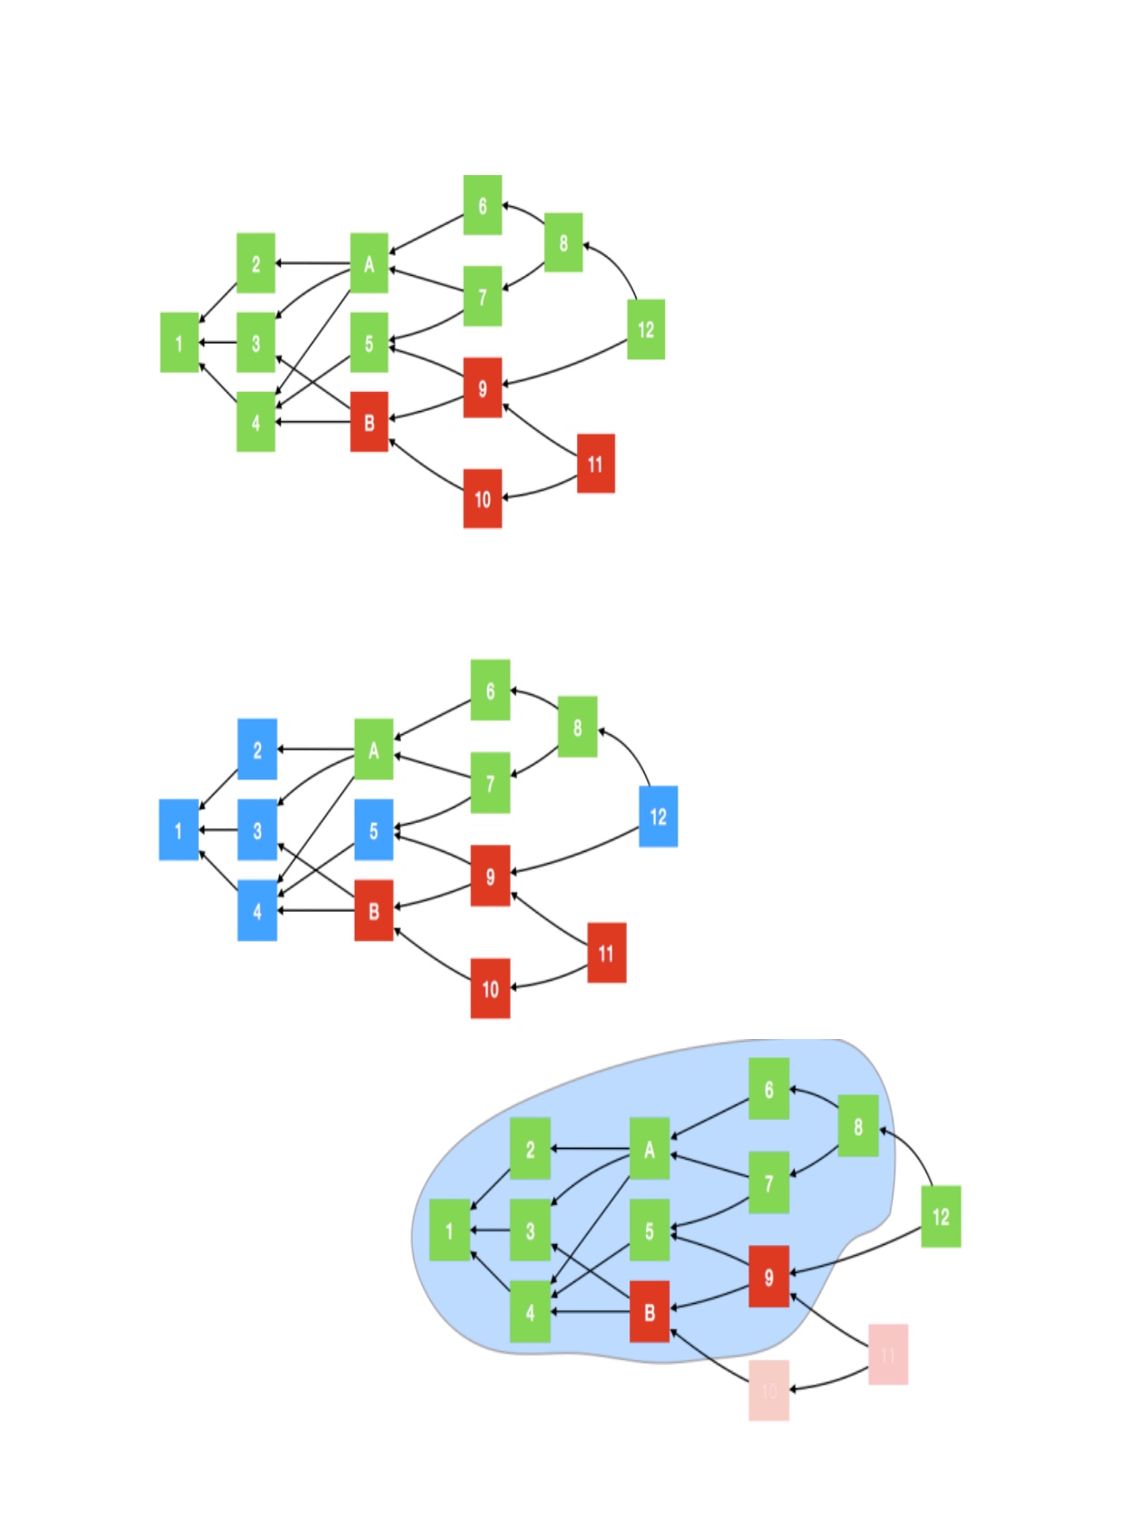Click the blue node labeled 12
(658, 817)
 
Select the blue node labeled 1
(179, 829)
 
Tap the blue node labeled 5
(373, 829)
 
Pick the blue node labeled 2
(257, 750)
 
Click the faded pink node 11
(887, 1354)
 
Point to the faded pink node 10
(768, 1389)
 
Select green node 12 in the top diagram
(645, 329)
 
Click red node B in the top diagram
(369, 422)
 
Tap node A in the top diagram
(369, 263)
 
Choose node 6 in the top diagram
(483, 205)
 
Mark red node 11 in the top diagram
(595, 464)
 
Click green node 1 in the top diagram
(180, 343)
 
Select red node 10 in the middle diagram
(490, 988)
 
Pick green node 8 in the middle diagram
(577, 727)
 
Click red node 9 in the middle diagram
(490, 876)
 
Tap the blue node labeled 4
(257, 910)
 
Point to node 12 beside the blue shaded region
(941, 1216)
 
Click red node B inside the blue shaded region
(650, 1311)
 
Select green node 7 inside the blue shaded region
(768, 1182)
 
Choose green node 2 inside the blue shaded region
(530, 1149)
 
